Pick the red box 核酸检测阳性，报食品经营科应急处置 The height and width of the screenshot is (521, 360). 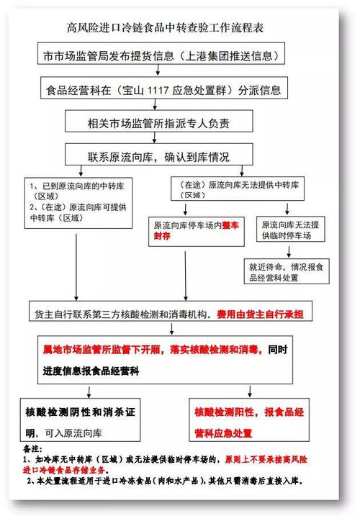coord(253,423)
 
